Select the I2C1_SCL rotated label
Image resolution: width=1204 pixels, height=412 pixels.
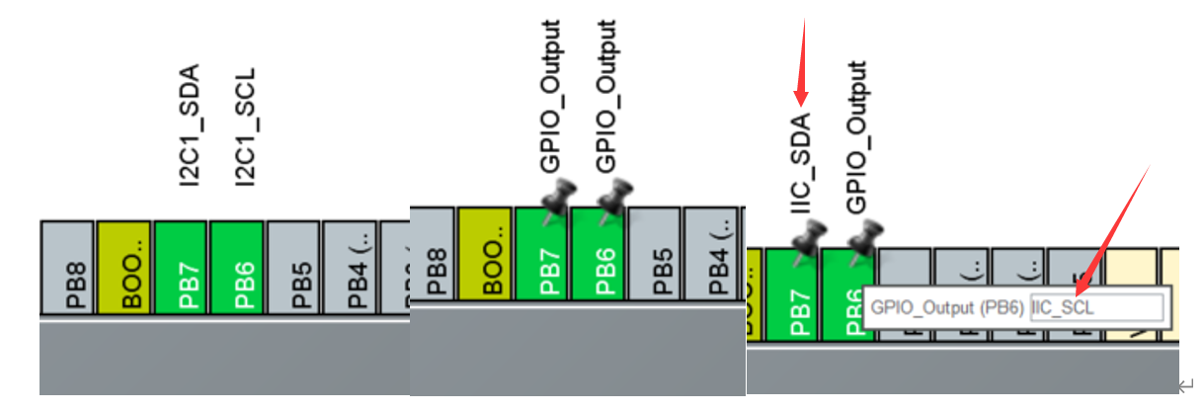tap(246, 125)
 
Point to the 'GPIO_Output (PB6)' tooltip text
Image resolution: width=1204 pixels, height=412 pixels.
tap(947, 307)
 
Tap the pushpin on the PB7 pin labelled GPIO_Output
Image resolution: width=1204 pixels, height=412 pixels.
tap(558, 201)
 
